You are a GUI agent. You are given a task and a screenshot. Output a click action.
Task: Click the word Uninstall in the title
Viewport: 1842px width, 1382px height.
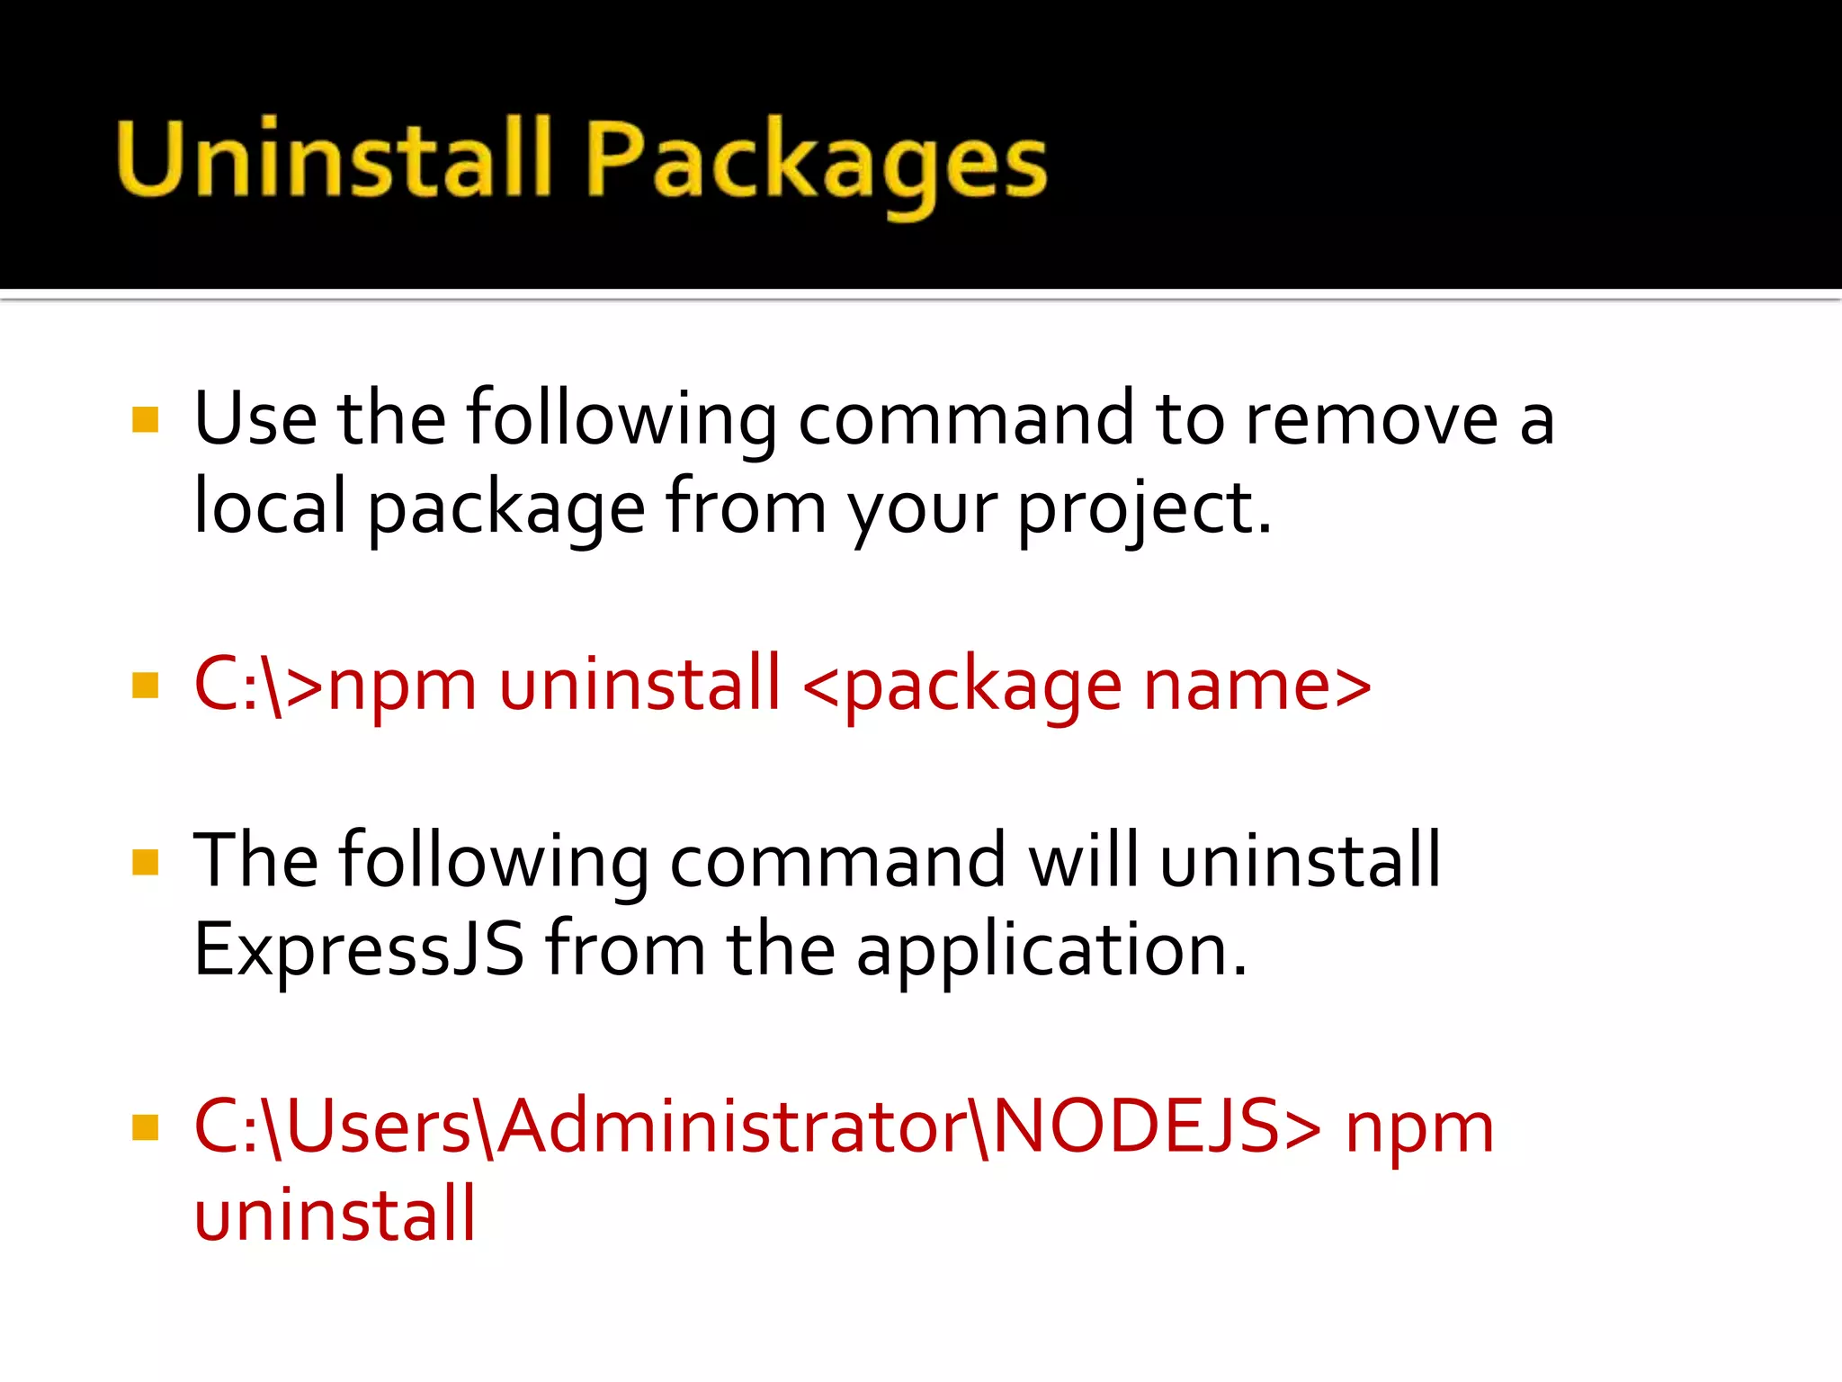pos(333,159)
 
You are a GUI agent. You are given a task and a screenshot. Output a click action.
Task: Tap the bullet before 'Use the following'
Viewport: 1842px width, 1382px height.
pos(145,420)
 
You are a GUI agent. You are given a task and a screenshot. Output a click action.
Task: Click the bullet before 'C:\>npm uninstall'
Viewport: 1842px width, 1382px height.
pos(145,686)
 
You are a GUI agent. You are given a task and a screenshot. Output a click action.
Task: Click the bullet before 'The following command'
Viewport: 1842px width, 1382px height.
pos(145,862)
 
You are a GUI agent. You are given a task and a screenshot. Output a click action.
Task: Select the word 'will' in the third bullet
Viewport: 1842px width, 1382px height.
pos(1083,860)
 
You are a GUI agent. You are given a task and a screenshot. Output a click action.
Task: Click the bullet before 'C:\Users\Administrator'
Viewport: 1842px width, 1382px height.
pos(145,1127)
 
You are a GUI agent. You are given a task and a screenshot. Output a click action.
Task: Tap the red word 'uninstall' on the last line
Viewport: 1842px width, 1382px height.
pos(335,1215)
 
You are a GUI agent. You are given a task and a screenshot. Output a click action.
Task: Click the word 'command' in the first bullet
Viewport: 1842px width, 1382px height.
pos(965,420)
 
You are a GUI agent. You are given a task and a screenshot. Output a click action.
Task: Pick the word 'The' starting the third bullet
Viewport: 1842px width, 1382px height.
pos(255,861)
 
